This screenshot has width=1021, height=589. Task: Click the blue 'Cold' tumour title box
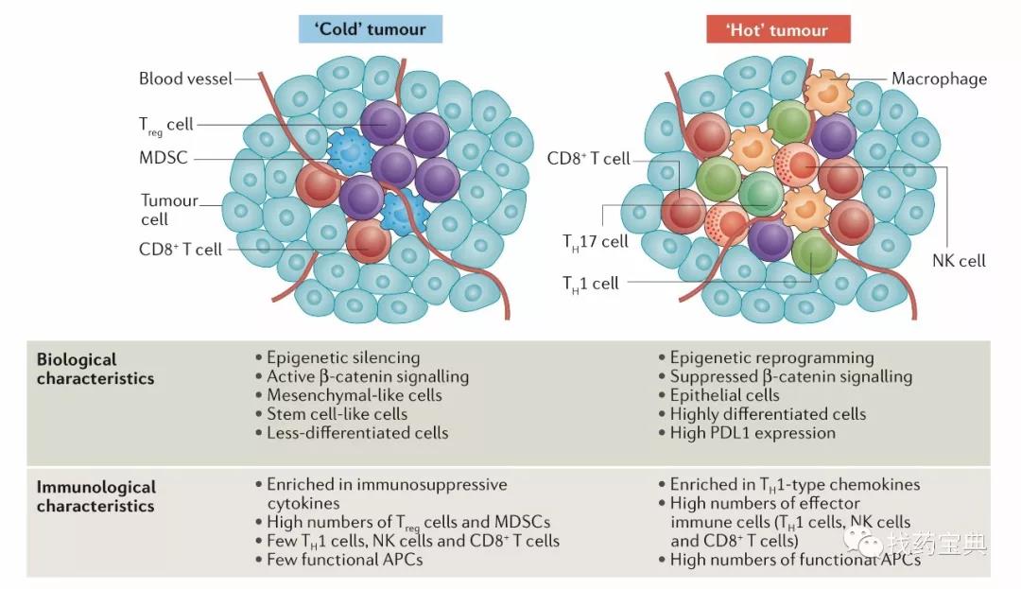tap(371, 29)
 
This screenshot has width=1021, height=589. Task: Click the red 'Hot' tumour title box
tap(778, 29)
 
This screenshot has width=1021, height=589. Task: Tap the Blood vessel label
tap(185, 78)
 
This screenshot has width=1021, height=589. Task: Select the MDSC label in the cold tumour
tap(164, 158)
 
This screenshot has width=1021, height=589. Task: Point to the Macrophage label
tap(939, 78)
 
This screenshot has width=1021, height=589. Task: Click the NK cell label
tap(959, 260)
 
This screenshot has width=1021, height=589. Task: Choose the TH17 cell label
tap(596, 242)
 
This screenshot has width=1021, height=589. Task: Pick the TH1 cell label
tap(591, 285)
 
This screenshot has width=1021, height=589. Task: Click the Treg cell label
tap(166, 125)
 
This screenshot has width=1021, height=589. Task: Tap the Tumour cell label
tap(169, 210)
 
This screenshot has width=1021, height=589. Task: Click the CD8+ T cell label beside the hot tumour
tap(589, 158)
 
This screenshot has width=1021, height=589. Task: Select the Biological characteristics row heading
tap(95, 369)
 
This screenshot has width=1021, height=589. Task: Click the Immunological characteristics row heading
tap(95, 496)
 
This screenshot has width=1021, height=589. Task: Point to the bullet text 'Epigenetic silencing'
tap(343, 357)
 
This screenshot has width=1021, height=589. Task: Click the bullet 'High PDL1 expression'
tap(753, 433)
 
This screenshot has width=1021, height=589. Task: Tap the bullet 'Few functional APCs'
tap(344, 560)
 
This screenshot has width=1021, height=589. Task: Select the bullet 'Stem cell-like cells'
tap(337, 414)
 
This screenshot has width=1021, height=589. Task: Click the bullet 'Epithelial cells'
tap(724, 395)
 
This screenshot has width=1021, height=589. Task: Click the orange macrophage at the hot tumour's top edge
tap(827, 92)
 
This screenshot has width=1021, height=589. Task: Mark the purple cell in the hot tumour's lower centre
tap(770, 239)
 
